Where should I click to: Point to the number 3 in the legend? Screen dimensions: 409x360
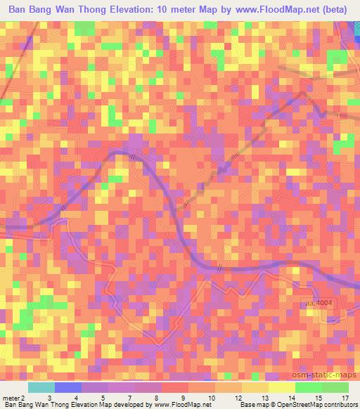49,398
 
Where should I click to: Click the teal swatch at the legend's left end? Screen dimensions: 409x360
41,387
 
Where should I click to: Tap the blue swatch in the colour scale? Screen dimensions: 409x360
68,387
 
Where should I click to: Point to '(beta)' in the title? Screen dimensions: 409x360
330,11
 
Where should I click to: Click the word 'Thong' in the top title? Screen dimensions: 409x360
91,11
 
